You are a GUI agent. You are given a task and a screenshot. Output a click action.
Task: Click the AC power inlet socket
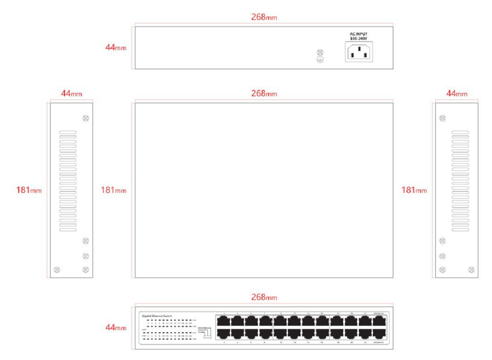[x=359, y=52]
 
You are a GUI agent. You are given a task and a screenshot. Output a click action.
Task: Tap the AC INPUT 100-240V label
[x=359, y=36]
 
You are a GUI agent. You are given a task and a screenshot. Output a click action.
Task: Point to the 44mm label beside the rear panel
[x=116, y=48]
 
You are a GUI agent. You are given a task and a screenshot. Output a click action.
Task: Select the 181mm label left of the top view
[x=113, y=190]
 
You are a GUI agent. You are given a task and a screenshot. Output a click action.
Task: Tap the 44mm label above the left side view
[x=71, y=94]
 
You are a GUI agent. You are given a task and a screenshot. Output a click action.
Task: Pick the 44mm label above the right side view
[x=456, y=94]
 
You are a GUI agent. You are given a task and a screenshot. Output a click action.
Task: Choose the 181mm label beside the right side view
[x=414, y=190]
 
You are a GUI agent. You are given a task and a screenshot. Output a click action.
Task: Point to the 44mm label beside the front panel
[x=116, y=328]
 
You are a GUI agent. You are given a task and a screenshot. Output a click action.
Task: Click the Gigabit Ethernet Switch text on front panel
[x=157, y=315]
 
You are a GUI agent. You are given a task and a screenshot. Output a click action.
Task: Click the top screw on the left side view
[x=85, y=118]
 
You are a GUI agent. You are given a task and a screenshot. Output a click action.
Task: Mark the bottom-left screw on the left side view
[x=57, y=270]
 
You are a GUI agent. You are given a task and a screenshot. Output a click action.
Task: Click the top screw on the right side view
[x=442, y=118]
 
